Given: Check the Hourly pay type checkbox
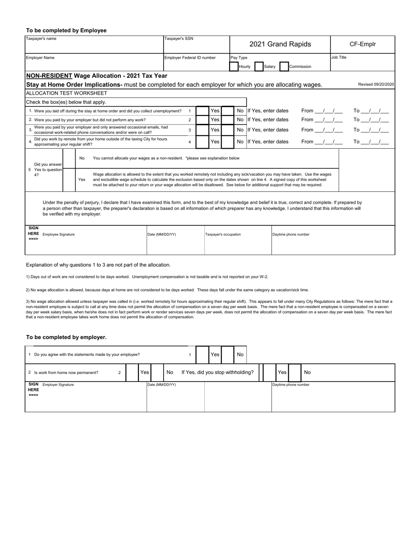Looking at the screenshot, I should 234,66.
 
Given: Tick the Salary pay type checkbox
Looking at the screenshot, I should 259,66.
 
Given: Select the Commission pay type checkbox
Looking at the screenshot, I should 284,66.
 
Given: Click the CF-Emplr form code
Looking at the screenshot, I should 363,44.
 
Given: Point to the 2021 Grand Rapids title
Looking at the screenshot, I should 280,44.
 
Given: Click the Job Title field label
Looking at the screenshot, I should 339,58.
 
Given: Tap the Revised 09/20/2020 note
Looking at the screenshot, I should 376,85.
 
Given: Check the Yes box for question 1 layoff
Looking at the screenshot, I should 202,111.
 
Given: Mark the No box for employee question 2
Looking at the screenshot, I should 227,120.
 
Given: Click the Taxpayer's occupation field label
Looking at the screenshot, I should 223,235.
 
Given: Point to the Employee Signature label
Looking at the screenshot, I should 58,235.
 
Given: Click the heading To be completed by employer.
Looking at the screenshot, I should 66,337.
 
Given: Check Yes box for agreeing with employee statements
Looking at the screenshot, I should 202,355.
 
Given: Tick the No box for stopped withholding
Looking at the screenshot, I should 294,373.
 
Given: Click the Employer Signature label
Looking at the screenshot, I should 58,385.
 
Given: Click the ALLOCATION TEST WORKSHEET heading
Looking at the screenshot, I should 66,93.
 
